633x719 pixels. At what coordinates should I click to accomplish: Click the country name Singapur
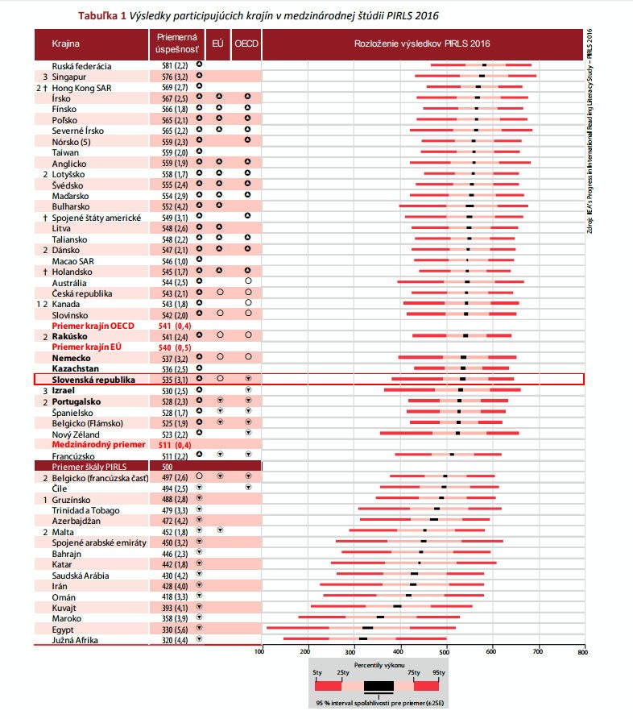pyautogui.click(x=70, y=77)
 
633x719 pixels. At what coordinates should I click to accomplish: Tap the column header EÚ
pyautogui.click(x=217, y=43)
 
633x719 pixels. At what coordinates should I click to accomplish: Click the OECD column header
pyautogui.click(x=246, y=43)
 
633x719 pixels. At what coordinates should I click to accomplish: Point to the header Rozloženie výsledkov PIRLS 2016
pyautogui.click(x=422, y=43)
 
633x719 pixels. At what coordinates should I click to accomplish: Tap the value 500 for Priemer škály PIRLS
pyautogui.click(x=167, y=467)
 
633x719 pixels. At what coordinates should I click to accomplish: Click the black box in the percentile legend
pyautogui.click(x=379, y=686)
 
